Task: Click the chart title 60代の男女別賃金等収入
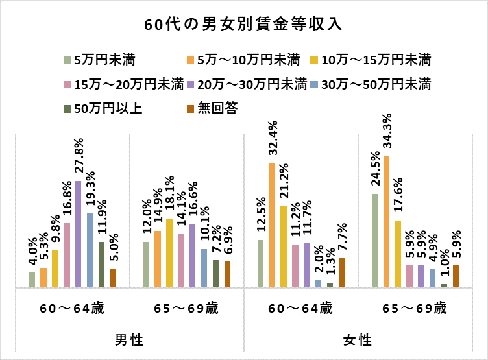(243, 25)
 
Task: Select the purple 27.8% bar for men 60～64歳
(79, 234)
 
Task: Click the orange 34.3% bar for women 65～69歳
(386, 221)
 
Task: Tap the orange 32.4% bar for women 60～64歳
(273, 225)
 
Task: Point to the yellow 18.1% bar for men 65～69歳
(169, 253)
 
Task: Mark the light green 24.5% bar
(374, 240)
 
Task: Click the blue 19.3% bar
(90, 250)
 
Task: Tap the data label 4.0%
(32, 254)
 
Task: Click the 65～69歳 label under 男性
(186, 308)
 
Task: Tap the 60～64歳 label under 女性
(300, 308)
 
